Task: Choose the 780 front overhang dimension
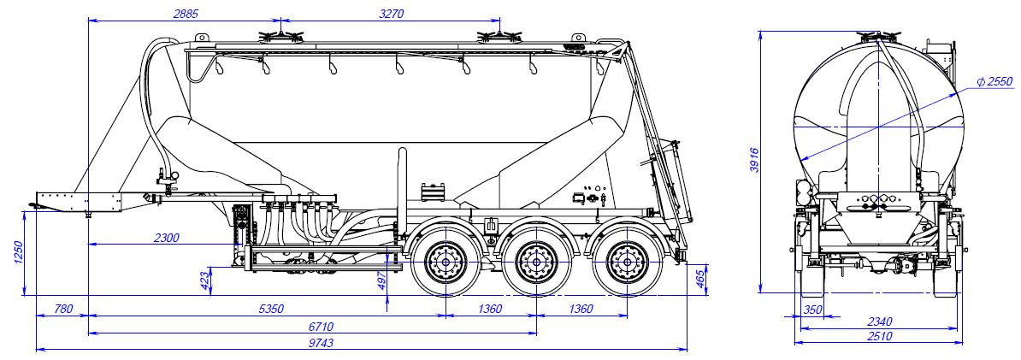(x=62, y=309)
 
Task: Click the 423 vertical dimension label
(x=204, y=280)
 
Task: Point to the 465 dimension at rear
(x=699, y=280)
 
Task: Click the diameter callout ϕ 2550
(x=994, y=82)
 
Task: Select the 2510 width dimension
(x=879, y=336)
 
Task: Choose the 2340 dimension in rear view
(x=879, y=322)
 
